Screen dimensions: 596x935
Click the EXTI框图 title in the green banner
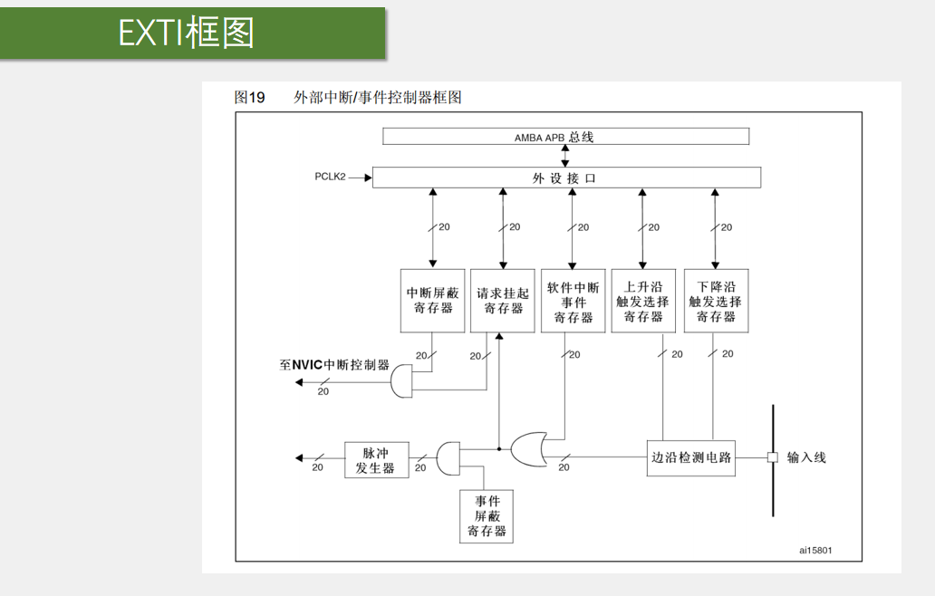pyautogui.click(x=187, y=34)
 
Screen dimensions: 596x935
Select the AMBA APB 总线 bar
pyautogui.click(x=565, y=137)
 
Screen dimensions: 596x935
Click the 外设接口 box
pyautogui.click(x=565, y=178)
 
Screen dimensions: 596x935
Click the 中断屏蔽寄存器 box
pyautogui.click(x=432, y=301)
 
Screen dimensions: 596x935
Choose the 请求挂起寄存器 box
pyautogui.click(x=503, y=301)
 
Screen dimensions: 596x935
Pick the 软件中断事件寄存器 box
pyautogui.click(x=573, y=301)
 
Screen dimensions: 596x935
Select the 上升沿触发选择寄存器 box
pyautogui.click(x=642, y=301)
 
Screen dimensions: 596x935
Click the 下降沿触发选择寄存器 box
pyautogui.click(x=715, y=301)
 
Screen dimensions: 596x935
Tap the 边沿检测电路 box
pyautogui.click(x=690, y=457)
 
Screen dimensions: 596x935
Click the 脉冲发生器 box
pyautogui.click(x=376, y=459)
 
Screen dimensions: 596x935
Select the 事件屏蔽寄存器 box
pyautogui.click(x=487, y=516)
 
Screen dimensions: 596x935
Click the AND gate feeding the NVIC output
pyautogui.click(x=400, y=384)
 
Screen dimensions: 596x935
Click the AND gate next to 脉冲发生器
pyautogui.click(x=448, y=458)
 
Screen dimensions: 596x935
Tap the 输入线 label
pyautogui.click(x=806, y=457)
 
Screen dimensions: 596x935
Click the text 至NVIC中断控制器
pyautogui.click(x=334, y=365)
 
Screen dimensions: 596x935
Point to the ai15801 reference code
pyautogui.click(x=815, y=550)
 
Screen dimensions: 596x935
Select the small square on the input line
pyautogui.click(x=772, y=457)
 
